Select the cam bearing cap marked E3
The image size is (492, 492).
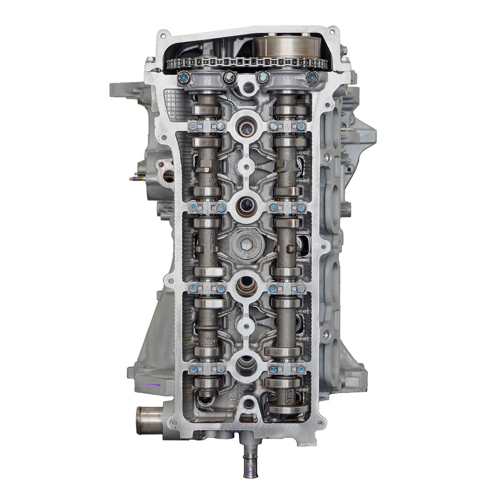pos(207,206)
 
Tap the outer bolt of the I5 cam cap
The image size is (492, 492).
pos(301,368)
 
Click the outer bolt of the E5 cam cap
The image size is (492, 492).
pos(191,368)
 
